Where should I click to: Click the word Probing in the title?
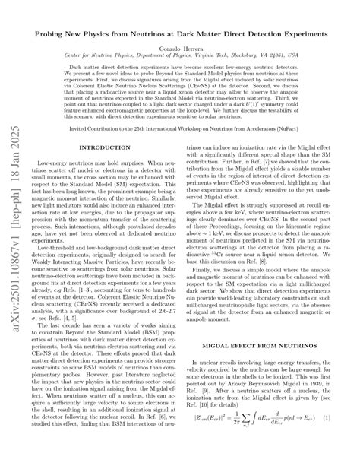(x=73, y=33)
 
